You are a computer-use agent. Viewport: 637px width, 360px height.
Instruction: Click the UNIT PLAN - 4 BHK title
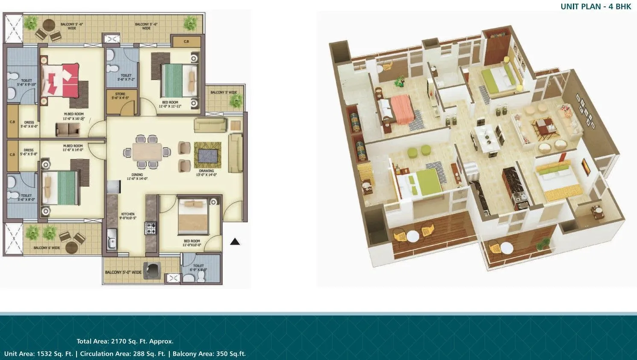click(x=596, y=6)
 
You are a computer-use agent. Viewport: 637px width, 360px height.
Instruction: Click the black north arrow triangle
click(x=235, y=242)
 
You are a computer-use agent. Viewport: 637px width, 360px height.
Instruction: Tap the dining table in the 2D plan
click(x=147, y=152)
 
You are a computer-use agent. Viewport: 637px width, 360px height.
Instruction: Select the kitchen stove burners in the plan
click(x=151, y=228)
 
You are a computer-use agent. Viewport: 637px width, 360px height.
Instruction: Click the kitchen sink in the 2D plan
click(x=112, y=239)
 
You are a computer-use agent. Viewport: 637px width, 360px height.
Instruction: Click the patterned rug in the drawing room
click(x=208, y=155)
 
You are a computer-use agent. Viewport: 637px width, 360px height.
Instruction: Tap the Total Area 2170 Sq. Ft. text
click(x=125, y=341)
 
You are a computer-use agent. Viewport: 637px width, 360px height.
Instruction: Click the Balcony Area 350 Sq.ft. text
click(x=209, y=354)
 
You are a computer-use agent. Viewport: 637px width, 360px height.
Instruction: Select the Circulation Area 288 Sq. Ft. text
click(x=122, y=354)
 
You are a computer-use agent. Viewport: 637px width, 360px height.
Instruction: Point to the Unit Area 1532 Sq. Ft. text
click(x=38, y=354)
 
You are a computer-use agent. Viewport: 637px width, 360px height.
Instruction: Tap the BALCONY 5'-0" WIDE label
click(x=123, y=272)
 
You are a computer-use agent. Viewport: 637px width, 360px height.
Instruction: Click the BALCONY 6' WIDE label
click(x=47, y=248)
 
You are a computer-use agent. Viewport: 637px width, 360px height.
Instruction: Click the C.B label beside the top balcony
click(x=186, y=41)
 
